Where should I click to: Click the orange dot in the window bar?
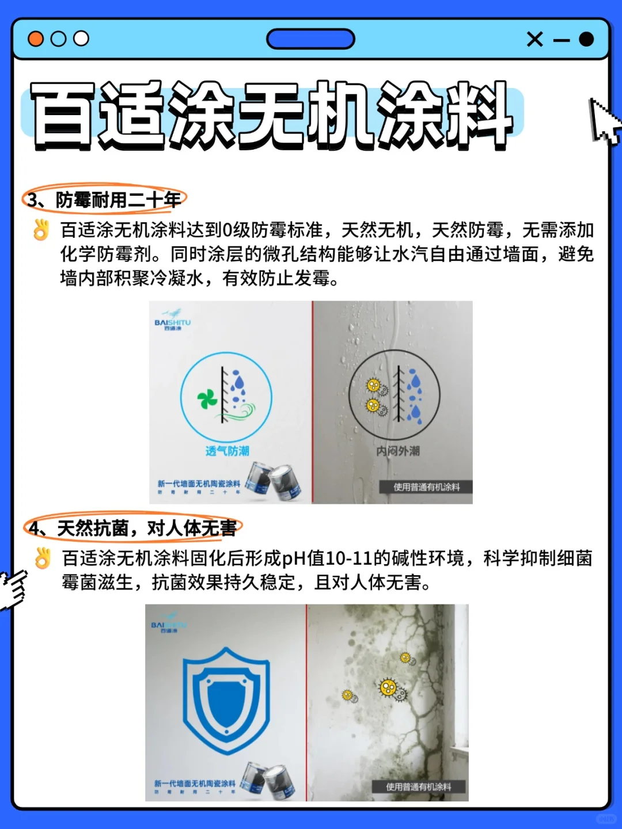[36, 39]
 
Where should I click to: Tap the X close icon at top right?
[534, 39]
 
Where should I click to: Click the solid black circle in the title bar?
[586, 39]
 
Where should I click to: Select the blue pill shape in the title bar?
[310, 39]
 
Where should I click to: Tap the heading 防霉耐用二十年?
[118, 200]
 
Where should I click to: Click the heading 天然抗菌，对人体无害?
[146, 528]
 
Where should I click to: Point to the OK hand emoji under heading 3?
[41, 230]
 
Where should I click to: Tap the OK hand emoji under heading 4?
[43, 558]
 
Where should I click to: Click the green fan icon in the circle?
[207, 398]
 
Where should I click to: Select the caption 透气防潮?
[227, 451]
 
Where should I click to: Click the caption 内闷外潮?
[397, 451]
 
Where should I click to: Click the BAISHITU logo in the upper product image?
[172, 324]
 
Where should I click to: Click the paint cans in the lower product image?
[268, 779]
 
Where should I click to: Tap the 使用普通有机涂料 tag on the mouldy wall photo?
[419, 787]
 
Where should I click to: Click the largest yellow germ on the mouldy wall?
[389, 687]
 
